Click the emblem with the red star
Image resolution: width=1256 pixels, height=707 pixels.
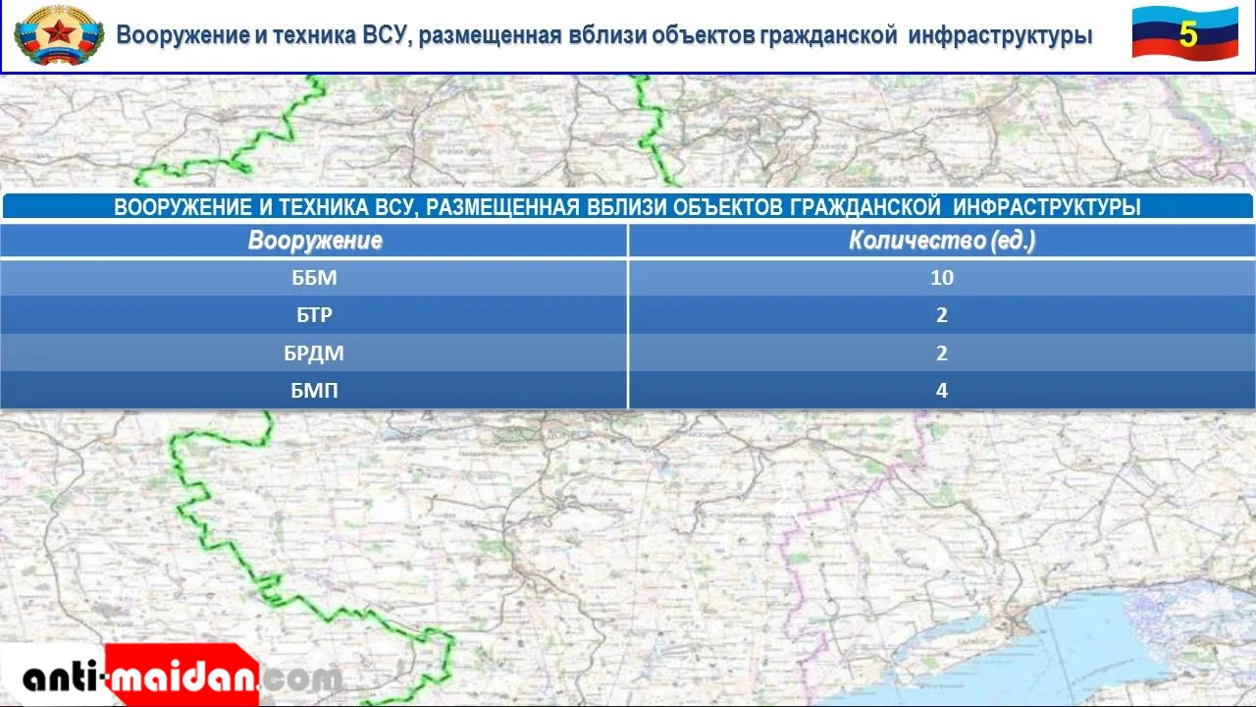pyautogui.click(x=59, y=34)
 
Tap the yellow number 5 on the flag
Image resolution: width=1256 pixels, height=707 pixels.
pyautogui.click(x=1187, y=34)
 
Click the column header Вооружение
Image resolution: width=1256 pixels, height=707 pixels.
pyautogui.click(x=315, y=241)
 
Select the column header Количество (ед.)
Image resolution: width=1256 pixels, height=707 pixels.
pyautogui.click(x=941, y=241)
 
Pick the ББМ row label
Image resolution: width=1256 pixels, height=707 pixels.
pyautogui.click(x=314, y=278)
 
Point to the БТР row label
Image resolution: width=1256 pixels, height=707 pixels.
pyautogui.click(x=314, y=315)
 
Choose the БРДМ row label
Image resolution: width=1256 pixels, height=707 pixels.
pyautogui.click(x=313, y=353)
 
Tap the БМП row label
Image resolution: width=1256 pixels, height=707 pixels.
pyautogui.click(x=314, y=390)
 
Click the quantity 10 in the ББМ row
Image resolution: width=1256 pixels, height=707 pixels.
pyautogui.click(x=942, y=278)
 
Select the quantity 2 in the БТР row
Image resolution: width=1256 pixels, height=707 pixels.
pyautogui.click(x=942, y=315)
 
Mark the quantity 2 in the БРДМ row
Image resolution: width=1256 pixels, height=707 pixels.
pyautogui.click(x=942, y=353)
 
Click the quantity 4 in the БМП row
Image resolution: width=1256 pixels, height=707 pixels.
pyautogui.click(x=942, y=390)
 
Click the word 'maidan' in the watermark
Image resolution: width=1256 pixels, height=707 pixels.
pyautogui.click(x=182, y=678)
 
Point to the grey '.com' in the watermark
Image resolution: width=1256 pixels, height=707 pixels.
pyautogui.click(x=300, y=679)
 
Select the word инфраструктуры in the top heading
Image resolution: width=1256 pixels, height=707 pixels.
pyautogui.click(x=1000, y=34)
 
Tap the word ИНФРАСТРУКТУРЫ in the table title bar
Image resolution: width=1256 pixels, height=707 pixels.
pyautogui.click(x=1047, y=207)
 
